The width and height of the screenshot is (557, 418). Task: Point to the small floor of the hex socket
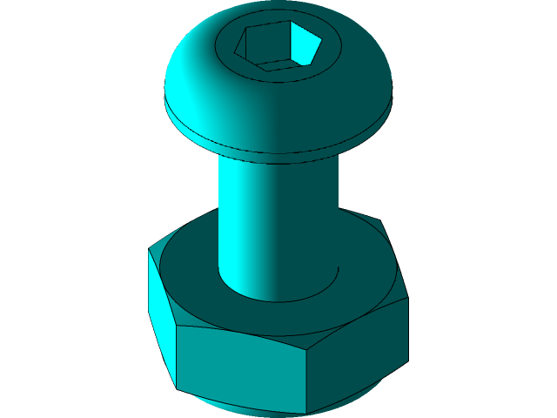click(x=280, y=64)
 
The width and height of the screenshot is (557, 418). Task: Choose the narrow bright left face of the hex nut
click(x=162, y=313)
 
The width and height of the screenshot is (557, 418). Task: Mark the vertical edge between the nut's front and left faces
click(x=177, y=357)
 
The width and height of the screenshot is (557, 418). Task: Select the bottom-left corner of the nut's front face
click(x=178, y=388)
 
